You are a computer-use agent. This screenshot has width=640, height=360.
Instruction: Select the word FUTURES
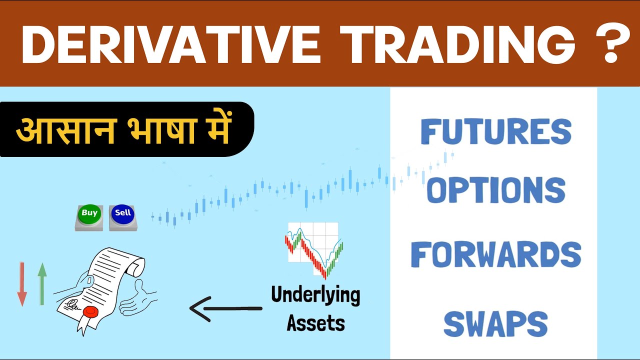pos(495,131)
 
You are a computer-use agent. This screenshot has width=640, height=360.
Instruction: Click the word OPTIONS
pos(495,190)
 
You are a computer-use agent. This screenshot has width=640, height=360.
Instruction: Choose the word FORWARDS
pos(495,254)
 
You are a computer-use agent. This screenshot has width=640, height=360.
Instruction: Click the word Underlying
pos(315,295)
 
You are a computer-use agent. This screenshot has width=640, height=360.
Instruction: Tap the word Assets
pos(315,323)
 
